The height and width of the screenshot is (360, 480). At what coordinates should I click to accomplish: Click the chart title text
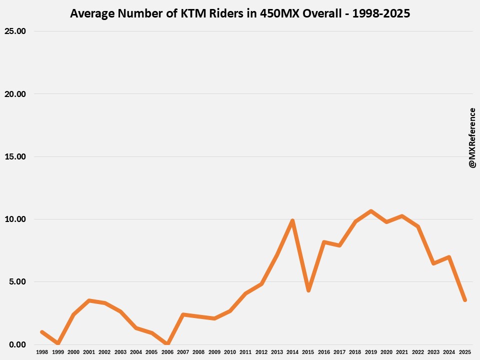tap(240, 13)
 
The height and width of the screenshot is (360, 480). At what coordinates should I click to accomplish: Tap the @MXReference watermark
tap(472, 137)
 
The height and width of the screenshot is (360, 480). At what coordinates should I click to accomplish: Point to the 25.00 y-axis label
tap(15, 31)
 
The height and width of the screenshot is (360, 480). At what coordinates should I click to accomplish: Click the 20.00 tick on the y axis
tap(15, 94)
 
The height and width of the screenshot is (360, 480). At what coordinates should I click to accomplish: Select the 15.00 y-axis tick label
tap(15, 156)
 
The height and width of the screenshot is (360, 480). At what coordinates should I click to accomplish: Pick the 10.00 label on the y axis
tap(15, 219)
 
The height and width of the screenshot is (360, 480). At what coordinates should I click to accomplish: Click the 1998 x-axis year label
tap(42, 352)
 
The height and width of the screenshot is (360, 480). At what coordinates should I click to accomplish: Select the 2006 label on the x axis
tap(167, 352)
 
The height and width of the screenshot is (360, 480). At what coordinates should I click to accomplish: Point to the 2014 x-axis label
tap(292, 352)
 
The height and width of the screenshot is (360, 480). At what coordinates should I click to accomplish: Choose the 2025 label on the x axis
tap(465, 352)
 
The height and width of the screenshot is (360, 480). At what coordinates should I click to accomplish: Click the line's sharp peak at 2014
tap(292, 220)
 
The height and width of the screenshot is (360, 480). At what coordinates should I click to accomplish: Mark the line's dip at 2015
tap(308, 290)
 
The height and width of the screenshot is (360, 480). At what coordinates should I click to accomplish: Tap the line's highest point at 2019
tap(371, 211)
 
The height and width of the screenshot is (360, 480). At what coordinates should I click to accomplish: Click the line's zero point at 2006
tap(167, 344)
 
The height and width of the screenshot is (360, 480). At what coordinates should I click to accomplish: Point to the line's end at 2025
tap(465, 300)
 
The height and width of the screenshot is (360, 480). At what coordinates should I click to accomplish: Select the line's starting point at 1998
tap(42, 332)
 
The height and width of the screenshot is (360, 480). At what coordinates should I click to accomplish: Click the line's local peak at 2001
tap(89, 300)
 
